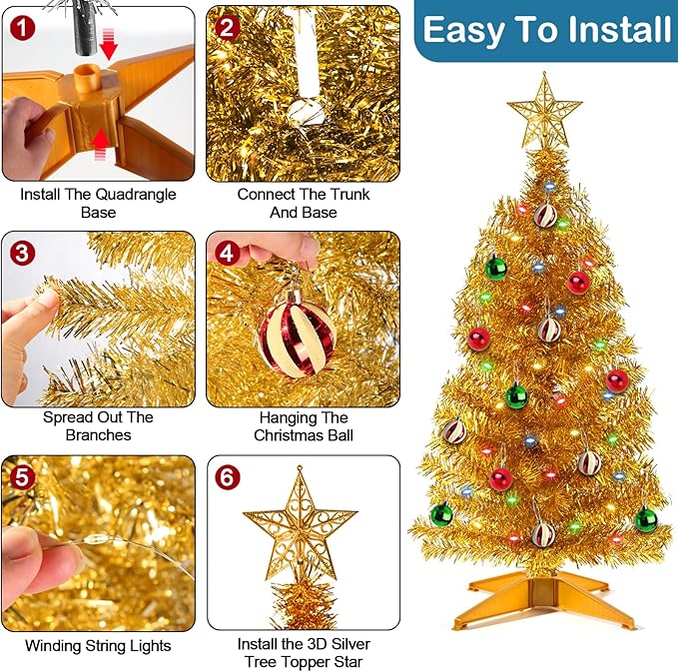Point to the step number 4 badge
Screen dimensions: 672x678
228,252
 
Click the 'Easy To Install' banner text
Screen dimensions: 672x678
546,30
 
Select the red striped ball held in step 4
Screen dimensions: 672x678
297,336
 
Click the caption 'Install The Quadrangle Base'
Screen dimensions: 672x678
98,203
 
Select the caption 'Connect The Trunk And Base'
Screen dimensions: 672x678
303,203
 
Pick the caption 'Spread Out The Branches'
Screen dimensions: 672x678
98,426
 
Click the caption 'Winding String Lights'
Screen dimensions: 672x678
98,646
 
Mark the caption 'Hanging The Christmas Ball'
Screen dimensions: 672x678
303,426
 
